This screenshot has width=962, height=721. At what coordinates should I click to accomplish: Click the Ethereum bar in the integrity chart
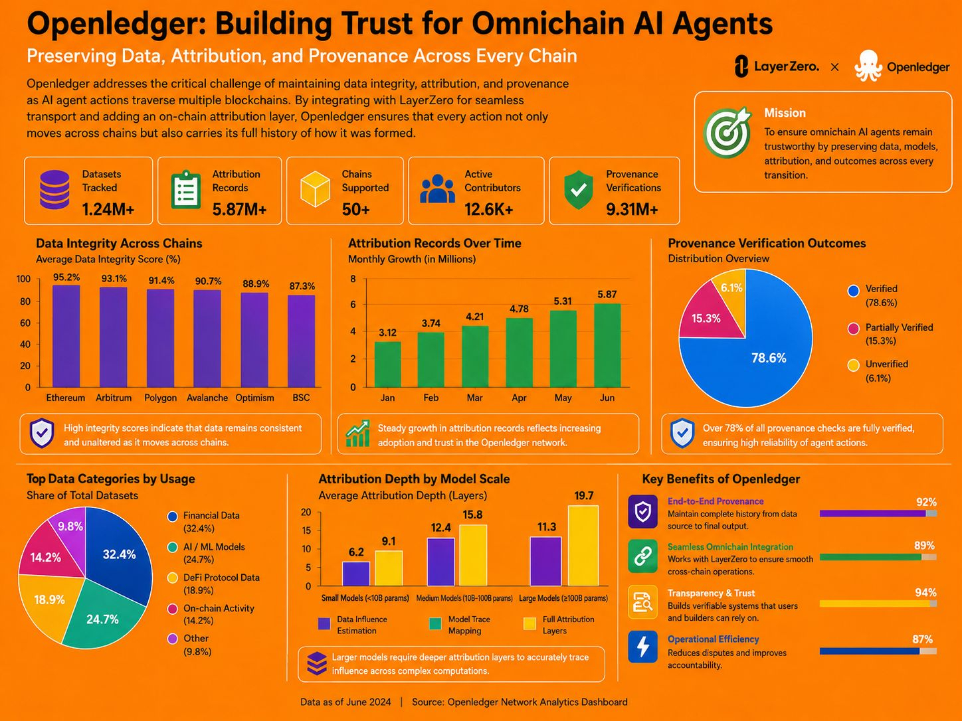pyautogui.click(x=66, y=336)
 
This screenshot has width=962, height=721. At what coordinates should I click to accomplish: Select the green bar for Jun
pyautogui.click(x=607, y=345)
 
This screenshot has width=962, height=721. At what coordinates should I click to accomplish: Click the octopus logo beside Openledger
pyautogui.click(x=868, y=66)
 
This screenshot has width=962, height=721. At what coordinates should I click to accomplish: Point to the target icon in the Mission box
pyautogui.click(x=727, y=133)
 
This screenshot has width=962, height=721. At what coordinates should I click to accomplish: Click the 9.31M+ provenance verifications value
pyautogui.click(x=632, y=210)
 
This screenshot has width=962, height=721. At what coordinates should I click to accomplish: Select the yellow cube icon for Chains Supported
pyautogui.click(x=315, y=189)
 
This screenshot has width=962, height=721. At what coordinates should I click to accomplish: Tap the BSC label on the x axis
pyautogui.click(x=301, y=398)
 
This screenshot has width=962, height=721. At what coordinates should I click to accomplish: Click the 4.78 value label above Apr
pyautogui.click(x=519, y=309)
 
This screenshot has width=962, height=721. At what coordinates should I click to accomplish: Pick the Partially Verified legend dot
pyautogui.click(x=853, y=329)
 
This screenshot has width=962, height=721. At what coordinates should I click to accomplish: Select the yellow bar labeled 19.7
pyautogui.click(x=583, y=546)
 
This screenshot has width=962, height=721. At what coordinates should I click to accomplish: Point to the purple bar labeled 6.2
pyautogui.click(x=356, y=574)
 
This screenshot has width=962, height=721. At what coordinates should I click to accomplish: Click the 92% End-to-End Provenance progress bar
pyautogui.click(x=878, y=513)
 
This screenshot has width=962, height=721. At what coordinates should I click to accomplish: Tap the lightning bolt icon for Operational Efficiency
pyautogui.click(x=642, y=647)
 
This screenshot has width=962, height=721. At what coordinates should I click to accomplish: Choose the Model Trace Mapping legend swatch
pyautogui.click(x=435, y=624)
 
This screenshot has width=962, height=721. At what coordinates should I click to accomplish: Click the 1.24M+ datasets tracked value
pyautogui.click(x=108, y=210)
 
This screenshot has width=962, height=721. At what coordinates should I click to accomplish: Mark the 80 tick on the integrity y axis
pyautogui.click(x=25, y=301)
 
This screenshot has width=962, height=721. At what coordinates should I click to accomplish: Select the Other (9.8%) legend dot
pyautogui.click(x=173, y=639)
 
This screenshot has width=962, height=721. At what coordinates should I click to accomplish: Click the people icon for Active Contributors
pyautogui.click(x=437, y=189)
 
